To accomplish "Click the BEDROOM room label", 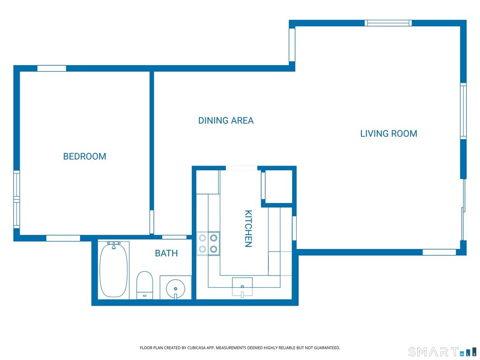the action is click(x=84, y=157).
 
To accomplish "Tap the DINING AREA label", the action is click(x=226, y=120).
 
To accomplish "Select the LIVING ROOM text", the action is click(x=389, y=134).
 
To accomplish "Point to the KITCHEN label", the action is click(x=248, y=228).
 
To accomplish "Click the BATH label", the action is click(x=166, y=253).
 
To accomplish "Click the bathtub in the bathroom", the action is click(x=113, y=270).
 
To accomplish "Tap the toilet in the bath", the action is click(x=144, y=285).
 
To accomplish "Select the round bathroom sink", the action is click(x=175, y=288).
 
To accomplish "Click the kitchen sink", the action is click(x=242, y=287).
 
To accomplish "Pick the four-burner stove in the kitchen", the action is click(x=208, y=243).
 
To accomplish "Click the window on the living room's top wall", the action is click(x=388, y=23).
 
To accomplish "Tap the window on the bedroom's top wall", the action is click(x=52, y=68).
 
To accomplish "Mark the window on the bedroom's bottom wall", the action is click(x=63, y=238).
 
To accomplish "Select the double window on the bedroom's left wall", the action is click(x=16, y=199).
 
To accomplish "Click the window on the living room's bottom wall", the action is click(x=439, y=252).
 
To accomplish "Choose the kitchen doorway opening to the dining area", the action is click(x=241, y=168).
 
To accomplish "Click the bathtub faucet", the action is click(x=113, y=245).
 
